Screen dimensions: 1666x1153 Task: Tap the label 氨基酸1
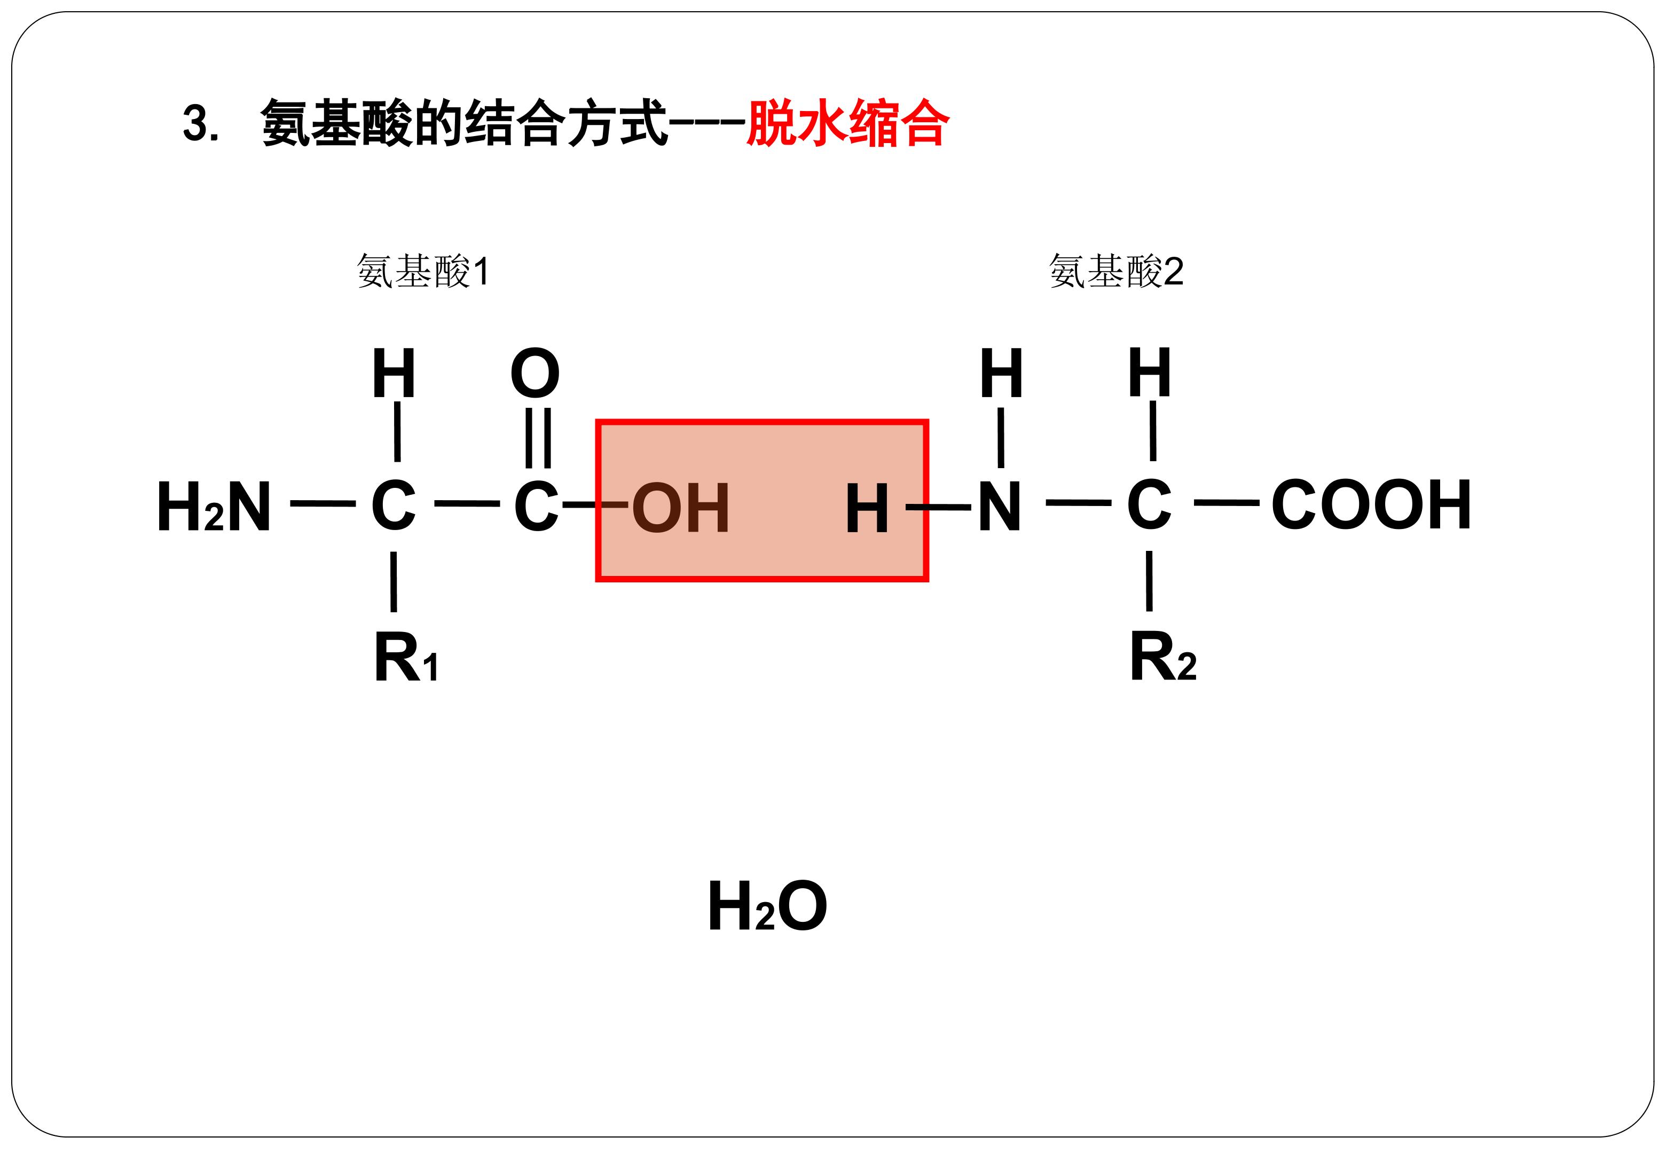point(423,272)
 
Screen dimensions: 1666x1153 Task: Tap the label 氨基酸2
point(1116,272)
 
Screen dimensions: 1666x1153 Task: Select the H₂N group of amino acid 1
point(214,507)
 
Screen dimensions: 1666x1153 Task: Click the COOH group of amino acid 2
point(1371,504)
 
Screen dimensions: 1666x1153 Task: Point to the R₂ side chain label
point(1162,656)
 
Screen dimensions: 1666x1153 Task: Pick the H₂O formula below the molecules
point(767,906)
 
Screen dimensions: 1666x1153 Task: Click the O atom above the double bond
point(535,374)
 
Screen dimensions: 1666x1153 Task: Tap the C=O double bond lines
point(538,438)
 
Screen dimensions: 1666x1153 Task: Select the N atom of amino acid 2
point(1000,507)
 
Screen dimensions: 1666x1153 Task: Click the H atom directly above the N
point(1001,373)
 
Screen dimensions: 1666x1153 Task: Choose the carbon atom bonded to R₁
point(394,505)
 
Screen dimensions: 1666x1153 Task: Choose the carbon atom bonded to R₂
point(1149,504)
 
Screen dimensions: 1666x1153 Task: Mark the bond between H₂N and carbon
point(323,503)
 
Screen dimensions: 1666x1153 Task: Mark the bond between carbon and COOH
point(1227,503)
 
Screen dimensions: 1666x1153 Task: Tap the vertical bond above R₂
point(1149,581)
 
